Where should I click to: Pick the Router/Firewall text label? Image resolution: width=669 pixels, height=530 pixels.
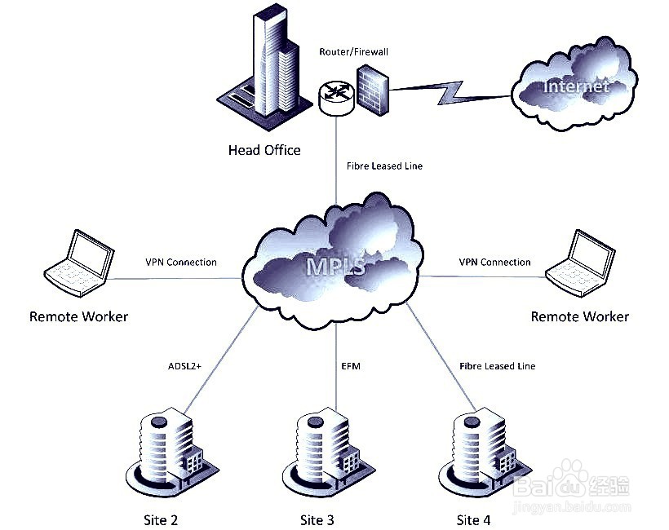(354, 51)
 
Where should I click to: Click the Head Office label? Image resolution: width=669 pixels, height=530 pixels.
(264, 150)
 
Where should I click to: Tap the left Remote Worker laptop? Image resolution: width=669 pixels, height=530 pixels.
(79, 261)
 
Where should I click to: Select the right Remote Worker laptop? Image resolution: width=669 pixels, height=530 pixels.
(580, 261)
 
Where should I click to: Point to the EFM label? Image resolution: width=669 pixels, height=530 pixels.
(351, 366)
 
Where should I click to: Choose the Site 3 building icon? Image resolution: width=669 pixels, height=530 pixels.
(325, 453)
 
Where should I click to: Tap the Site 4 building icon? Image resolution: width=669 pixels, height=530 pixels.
(481, 453)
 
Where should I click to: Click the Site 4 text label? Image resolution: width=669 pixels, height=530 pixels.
(473, 519)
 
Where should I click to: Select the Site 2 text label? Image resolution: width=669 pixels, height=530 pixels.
(161, 519)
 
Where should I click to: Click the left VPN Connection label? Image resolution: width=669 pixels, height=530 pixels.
(181, 263)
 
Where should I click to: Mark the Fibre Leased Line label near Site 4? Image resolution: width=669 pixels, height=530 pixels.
(497, 366)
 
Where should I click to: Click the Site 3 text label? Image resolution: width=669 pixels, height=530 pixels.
(317, 519)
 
